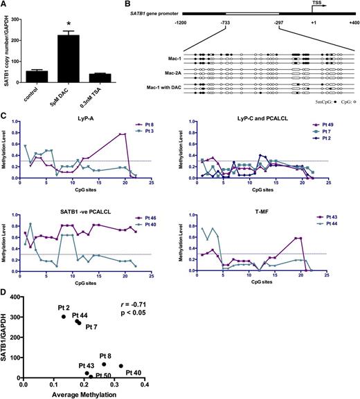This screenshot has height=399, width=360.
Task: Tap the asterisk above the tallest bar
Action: [x=71, y=21]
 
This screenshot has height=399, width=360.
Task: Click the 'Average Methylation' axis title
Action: [x=84, y=393]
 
